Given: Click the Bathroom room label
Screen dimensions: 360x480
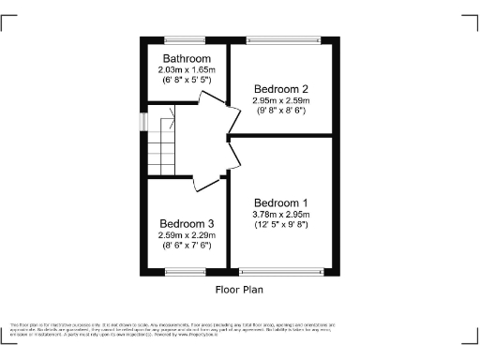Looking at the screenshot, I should [x=187, y=58].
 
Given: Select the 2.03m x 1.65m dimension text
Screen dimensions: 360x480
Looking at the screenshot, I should [x=187, y=69].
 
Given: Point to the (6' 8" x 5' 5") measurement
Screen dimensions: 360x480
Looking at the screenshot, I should [x=187, y=81].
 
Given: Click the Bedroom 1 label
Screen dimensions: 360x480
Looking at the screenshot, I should [x=280, y=202].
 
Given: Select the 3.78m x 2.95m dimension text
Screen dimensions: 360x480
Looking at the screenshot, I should [x=280, y=215].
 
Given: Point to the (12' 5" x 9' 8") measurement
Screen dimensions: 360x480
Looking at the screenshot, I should [x=280, y=226].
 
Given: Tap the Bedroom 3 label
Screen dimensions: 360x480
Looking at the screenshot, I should [x=187, y=223].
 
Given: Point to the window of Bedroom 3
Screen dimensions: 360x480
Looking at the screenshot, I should [x=186, y=272].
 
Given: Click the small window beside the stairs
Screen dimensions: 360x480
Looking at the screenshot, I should [x=143, y=123].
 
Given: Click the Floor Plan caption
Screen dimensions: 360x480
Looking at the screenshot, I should [x=239, y=289].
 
